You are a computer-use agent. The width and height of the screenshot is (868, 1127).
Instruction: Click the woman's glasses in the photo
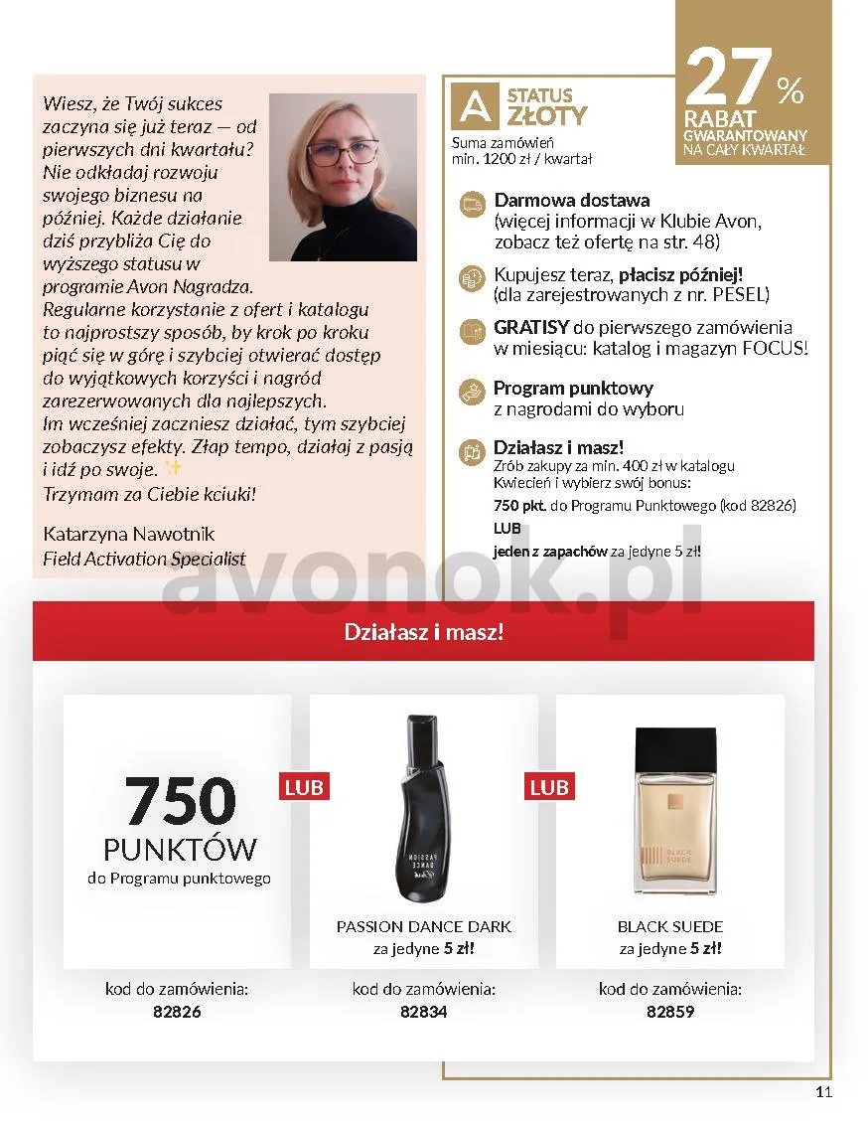[343, 153]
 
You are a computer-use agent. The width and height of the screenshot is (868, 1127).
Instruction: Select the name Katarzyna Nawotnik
[129, 534]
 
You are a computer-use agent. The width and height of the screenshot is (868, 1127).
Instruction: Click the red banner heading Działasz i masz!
[424, 631]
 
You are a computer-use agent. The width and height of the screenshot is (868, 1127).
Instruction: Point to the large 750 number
[180, 800]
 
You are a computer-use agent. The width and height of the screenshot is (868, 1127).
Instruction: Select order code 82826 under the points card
[177, 1012]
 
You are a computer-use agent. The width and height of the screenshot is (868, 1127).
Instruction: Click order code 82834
[423, 1012]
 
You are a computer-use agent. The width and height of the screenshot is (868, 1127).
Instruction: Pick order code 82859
[669, 1012]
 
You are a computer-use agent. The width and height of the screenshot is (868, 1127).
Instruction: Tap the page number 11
[823, 1092]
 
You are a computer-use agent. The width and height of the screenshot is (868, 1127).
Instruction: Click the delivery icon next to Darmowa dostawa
[471, 203]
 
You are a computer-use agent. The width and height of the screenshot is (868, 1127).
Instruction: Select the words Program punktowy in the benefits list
[573, 388]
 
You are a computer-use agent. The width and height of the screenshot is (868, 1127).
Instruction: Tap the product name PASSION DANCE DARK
[424, 926]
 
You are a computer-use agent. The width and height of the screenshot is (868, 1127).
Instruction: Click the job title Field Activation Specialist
[144, 559]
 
